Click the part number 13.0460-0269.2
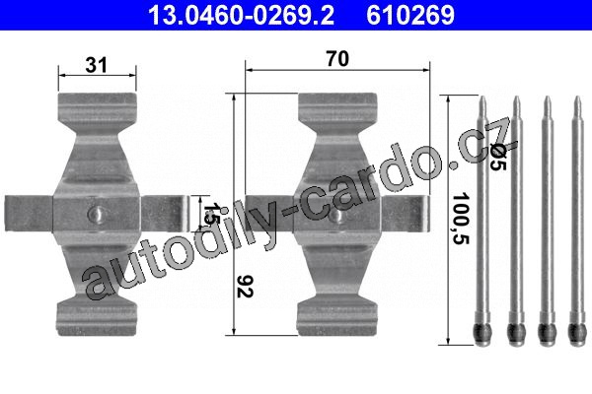pyautogui.click(x=242, y=15)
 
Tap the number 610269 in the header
pyautogui.click(x=410, y=15)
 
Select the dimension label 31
pyautogui.click(x=97, y=65)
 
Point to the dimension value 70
pyautogui.click(x=337, y=59)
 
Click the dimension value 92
pyautogui.click(x=245, y=287)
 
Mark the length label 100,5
pyautogui.click(x=461, y=219)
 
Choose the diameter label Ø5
pyautogui.click(x=498, y=159)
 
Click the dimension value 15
pyautogui.click(x=209, y=214)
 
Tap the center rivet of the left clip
pyautogui.click(x=97, y=214)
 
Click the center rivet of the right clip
pyautogui.click(x=337, y=215)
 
